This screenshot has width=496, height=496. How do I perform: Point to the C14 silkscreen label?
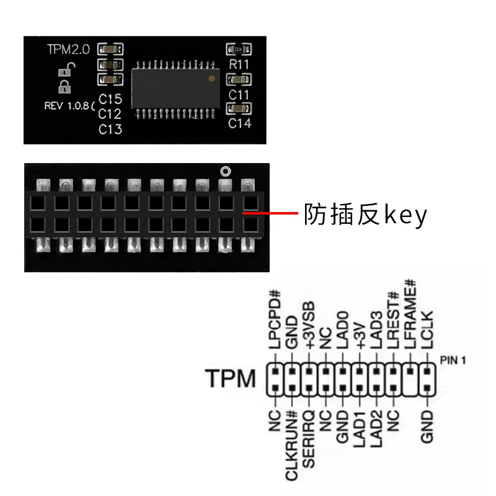pos(239,123)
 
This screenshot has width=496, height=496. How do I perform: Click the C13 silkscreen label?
pos(110,129)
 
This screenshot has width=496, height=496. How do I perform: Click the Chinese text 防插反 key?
pos(365,215)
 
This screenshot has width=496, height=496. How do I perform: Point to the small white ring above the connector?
pos(225,170)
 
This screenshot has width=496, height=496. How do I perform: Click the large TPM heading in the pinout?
pos(230,378)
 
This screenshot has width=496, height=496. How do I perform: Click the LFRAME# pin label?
pos(410,321)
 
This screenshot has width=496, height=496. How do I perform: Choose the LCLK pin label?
pos(427,335)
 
